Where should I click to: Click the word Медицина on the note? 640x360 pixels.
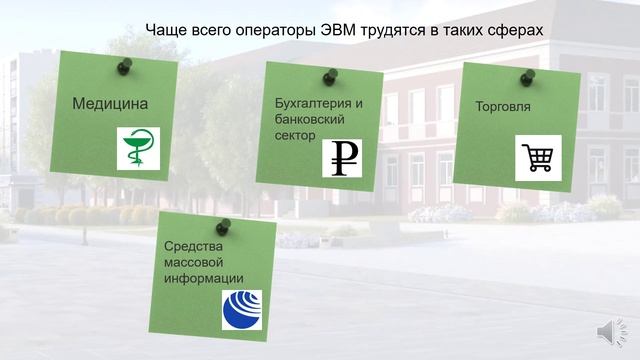click(110, 103)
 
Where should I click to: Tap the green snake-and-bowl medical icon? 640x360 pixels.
click(138, 148)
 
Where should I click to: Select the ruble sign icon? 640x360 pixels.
click(344, 157)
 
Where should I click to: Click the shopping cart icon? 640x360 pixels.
click(537, 158)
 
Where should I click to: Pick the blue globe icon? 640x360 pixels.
click(241, 309)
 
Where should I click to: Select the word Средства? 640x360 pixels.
click(191, 246)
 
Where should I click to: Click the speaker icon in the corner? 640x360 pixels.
click(609, 332)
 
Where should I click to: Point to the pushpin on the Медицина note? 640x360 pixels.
click(125, 66)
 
